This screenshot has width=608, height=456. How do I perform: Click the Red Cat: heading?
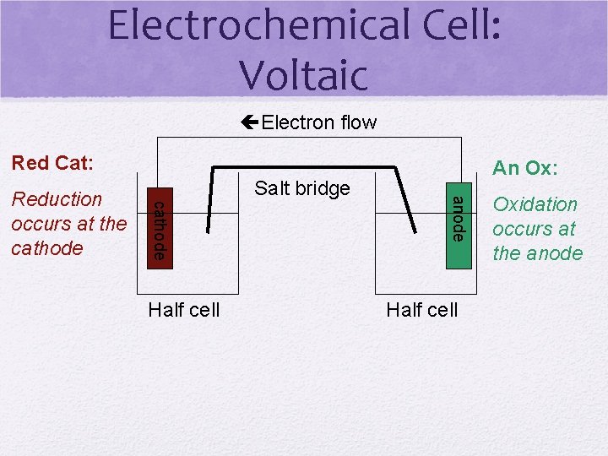point(52,162)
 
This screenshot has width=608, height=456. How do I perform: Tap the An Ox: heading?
point(524,168)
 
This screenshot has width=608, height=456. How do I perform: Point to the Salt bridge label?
point(301,187)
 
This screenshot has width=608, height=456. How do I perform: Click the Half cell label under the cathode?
point(183,310)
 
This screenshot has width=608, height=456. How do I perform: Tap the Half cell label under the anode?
point(421,310)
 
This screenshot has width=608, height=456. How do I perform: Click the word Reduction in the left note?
point(57,199)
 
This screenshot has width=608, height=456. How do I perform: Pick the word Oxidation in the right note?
point(535,204)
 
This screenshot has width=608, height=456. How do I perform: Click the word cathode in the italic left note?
point(47,248)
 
